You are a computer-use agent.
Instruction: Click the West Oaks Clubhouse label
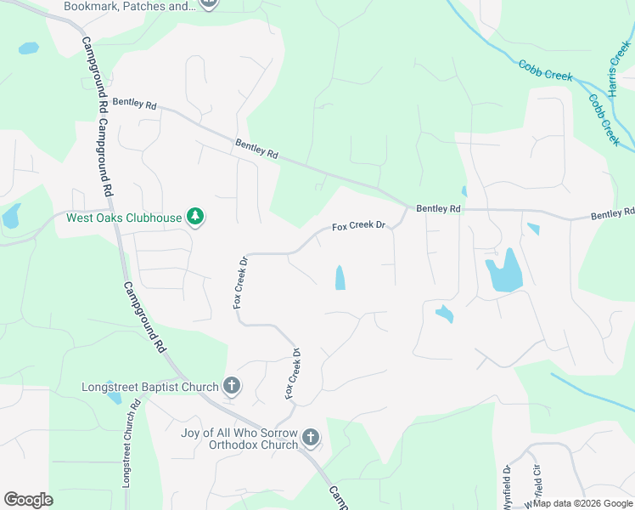pyautogui.click(x=124, y=218)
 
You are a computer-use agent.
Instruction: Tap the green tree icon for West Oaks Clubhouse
pyautogui.click(x=196, y=217)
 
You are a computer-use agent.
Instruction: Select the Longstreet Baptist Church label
pyautogui.click(x=150, y=388)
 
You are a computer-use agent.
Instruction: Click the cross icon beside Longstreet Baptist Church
pyautogui.click(x=231, y=387)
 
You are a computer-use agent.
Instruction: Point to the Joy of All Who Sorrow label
pyautogui.click(x=239, y=433)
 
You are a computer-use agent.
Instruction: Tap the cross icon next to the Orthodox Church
pyautogui.click(x=311, y=439)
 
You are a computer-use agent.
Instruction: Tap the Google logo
pyautogui.click(x=28, y=500)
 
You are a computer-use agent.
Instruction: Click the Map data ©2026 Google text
pyautogui.click(x=582, y=503)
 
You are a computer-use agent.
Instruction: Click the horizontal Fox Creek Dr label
pyautogui.click(x=358, y=227)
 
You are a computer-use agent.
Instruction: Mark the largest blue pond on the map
pyautogui.click(x=502, y=272)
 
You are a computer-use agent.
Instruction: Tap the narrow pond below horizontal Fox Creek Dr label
pyautogui.click(x=340, y=278)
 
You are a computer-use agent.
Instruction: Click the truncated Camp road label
pyautogui.click(x=338, y=498)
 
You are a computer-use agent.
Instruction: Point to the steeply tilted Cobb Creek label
pyautogui.click(x=604, y=119)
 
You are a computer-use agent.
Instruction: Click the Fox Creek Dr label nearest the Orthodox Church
pyautogui.click(x=292, y=374)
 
